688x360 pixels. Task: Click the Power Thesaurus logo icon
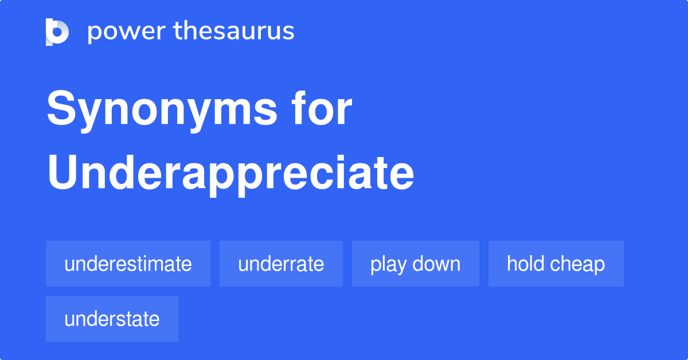[57, 32]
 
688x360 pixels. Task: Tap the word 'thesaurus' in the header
[234, 31]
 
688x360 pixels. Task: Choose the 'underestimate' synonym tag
[128, 264]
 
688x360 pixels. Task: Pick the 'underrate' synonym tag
[281, 264]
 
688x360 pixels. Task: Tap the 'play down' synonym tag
[415, 264]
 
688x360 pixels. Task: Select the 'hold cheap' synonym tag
[556, 264]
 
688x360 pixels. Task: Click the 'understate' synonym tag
[112, 319]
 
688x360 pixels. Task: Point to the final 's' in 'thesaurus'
[289, 32]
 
